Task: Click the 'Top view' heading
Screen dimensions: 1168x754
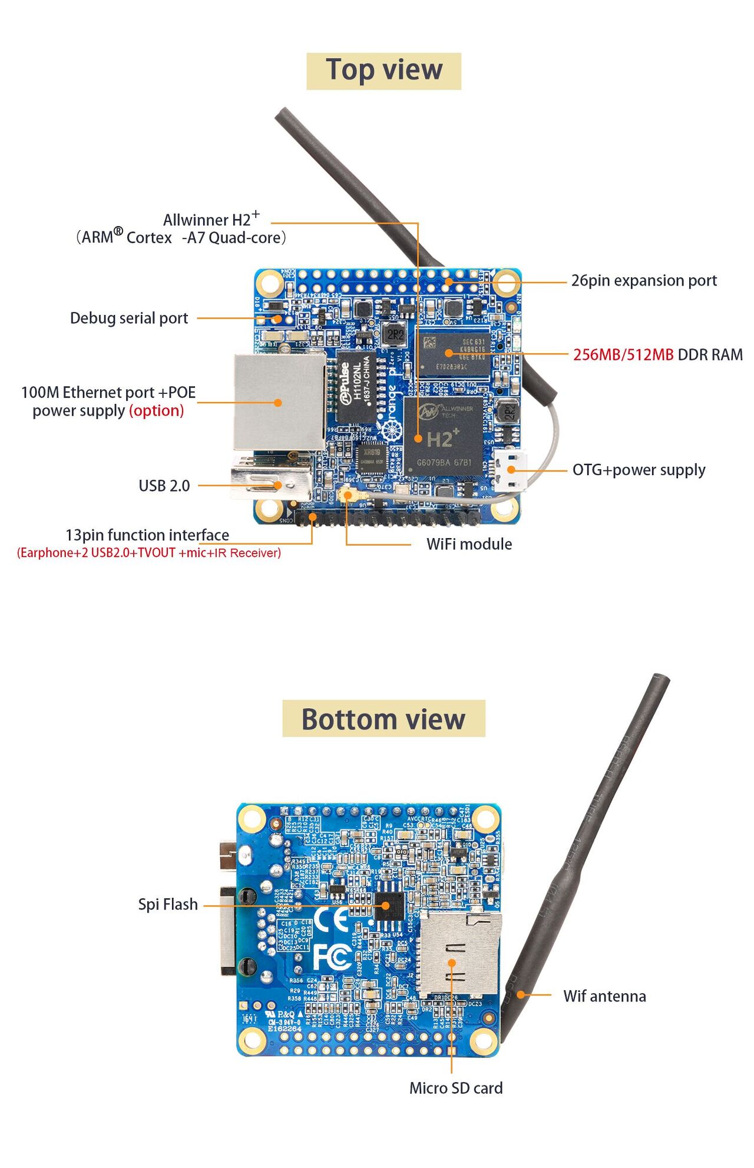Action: point(383,71)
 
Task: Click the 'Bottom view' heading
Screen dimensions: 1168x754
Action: point(383,719)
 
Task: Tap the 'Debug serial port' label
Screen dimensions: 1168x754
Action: point(129,318)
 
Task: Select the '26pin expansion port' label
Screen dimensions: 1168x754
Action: point(644,281)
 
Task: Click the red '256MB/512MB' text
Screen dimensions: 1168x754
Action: point(623,355)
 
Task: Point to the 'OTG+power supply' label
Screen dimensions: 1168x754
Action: point(639,470)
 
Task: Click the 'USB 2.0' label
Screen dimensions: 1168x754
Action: point(164,486)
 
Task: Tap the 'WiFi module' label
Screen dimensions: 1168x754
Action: point(469,544)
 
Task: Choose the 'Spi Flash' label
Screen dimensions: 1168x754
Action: point(168,904)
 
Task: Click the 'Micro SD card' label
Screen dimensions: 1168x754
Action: point(456,1088)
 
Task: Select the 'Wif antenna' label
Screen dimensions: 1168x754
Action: point(604,996)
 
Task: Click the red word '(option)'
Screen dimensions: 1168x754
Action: point(156,410)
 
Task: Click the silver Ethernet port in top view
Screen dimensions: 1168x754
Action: point(279,401)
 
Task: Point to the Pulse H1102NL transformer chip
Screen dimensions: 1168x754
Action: point(356,386)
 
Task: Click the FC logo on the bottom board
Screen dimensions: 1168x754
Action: point(332,957)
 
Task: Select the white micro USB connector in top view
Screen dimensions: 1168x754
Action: point(510,471)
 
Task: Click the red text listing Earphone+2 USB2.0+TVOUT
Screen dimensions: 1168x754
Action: point(148,553)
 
